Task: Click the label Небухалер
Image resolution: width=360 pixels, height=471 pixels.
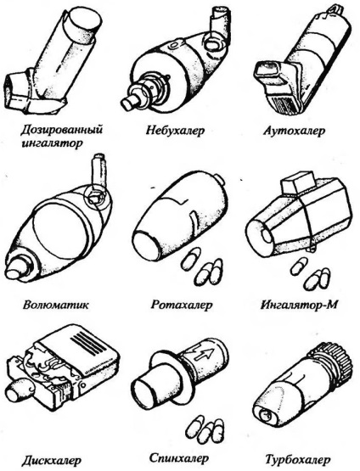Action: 175,131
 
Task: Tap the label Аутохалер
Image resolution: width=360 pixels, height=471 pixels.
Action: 294,131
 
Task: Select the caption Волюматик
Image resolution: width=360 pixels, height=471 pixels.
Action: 56,305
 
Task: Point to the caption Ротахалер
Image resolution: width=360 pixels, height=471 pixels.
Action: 181,305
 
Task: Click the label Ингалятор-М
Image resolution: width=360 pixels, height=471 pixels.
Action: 299,305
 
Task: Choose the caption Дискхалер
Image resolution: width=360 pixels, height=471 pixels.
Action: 52,460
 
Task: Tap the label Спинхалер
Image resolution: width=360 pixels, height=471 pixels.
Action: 179,458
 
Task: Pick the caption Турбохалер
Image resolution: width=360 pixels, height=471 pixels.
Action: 298,460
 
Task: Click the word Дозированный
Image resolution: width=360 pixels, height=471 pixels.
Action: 62,130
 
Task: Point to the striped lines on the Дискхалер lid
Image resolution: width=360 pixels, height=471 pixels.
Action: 89,343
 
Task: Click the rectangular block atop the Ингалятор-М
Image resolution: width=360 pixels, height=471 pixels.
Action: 297,182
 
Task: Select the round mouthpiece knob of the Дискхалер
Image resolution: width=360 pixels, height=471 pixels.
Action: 18,389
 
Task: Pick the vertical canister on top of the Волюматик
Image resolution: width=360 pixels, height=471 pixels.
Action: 98,171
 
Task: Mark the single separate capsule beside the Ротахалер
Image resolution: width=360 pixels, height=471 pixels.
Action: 190,258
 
